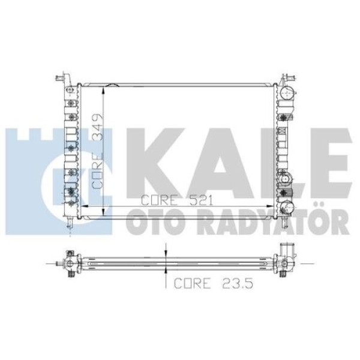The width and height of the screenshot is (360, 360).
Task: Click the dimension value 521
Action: coord(199,200)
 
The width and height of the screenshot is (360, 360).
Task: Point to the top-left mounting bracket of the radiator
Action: coord(61,79)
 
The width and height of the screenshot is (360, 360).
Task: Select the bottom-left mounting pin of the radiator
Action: coord(71,222)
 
